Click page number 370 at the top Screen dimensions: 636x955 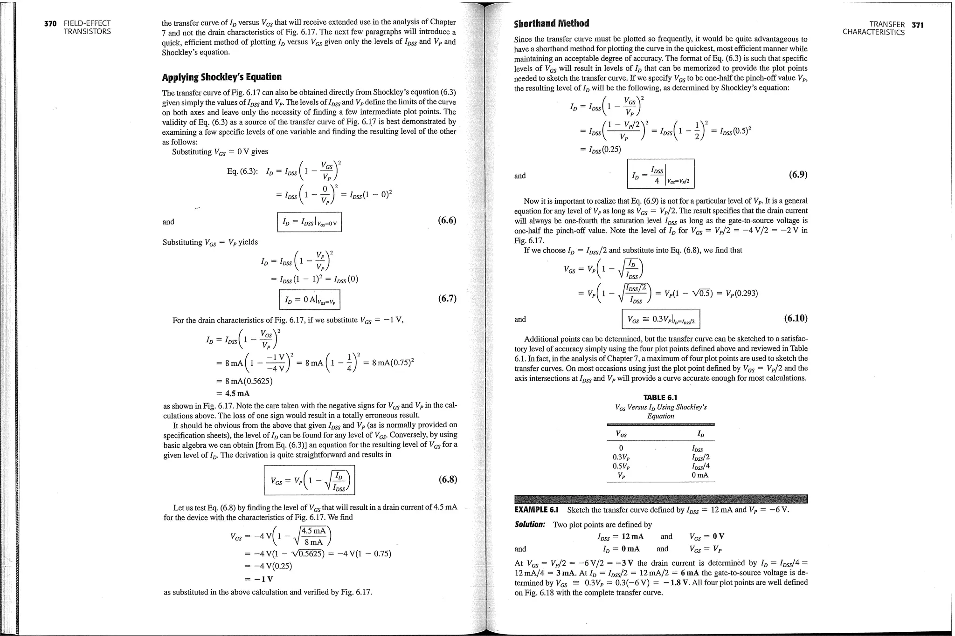coord(50,23)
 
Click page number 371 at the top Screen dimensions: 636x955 coord(917,25)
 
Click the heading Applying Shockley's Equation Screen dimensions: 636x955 coord(221,77)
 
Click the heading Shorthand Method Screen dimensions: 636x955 coord(551,23)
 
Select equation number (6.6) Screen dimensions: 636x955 coord(447,220)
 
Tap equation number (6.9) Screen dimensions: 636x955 coord(798,175)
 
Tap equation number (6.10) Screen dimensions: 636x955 coord(796,318)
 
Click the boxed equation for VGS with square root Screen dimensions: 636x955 coord(309,480)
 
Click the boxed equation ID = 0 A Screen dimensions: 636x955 coord(310,300)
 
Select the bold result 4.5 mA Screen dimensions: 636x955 coord(237,393)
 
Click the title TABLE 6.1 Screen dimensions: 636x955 coord(660,397)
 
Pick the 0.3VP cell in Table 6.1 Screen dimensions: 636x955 coord(621,458)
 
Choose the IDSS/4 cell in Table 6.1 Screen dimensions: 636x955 coord(700,466)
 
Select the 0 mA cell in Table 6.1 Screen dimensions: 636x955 coord(700,475)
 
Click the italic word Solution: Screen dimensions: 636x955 coord(530,524)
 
